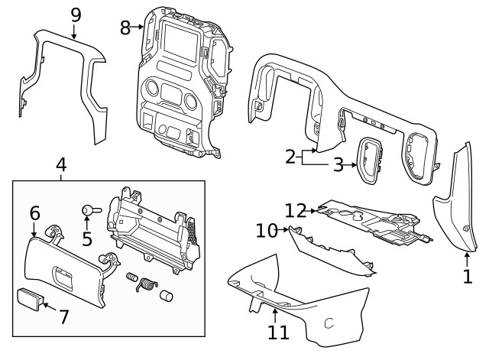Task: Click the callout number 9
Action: coord(75,15)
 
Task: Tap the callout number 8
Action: coord(126,28)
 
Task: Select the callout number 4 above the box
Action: coord(61,164)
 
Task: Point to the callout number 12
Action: coord(295,209)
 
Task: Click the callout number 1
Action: coord(468,274)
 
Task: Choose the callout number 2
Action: coord(290,157)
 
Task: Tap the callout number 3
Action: coord(338,164)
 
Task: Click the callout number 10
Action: coord(265,229)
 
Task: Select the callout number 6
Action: coord(34,213)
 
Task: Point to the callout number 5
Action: coord(86,238)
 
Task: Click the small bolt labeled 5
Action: coord(89,209)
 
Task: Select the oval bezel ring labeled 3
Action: coord(371,161)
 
